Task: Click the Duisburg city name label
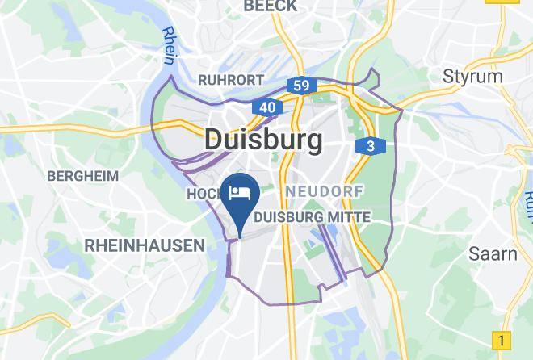pyautogui.click(x=263, y=140)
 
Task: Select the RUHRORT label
pyautogui.click(x=231, y=80)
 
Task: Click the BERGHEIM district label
pyautogui.click(x=82, y=175)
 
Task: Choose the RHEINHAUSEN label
pyautogui.click(x=145, y=245)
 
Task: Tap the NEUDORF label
pyautogui.click(x=325, y=191)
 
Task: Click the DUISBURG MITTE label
pyautogui.click(x=312, y=217)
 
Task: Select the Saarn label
pyautogui.click(x=493, y=253)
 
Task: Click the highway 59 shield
pyautogui.click(x=301, y=85)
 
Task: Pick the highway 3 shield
pyautogui.click(x=370, y=146)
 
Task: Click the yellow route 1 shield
pyautogui.click(x=502, y=340)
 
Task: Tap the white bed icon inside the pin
pyautogui.click(x=240, y=192)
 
